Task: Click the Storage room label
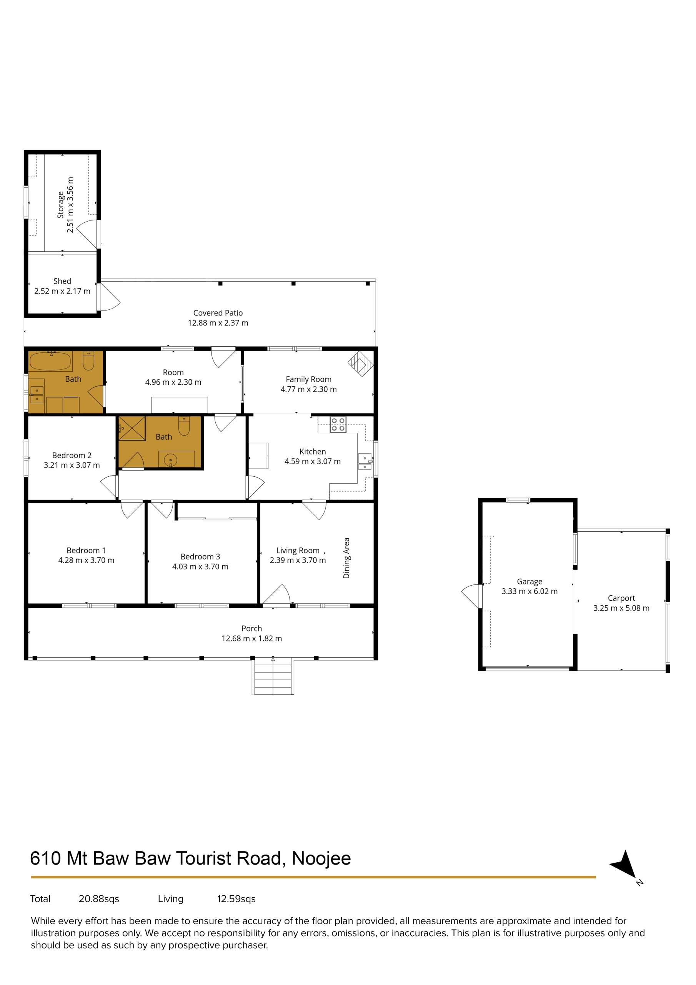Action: click(60, 205)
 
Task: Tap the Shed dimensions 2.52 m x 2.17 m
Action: click(62, 291)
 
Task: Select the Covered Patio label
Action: click(218, 313)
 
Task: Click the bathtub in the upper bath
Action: click(50, 361)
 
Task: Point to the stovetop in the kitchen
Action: click(338, 425)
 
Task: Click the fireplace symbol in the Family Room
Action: click(361, 364)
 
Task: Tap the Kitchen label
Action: click(313, 451)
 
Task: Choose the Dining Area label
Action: click(346, 558)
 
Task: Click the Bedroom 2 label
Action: click(72, 455)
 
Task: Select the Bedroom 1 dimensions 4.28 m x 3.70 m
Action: click(86, 560)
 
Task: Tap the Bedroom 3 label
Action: click(200, 556)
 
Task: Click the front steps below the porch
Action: click(273, 676)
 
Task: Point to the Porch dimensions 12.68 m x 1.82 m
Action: click(252, 638)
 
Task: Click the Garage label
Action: click(529, 581)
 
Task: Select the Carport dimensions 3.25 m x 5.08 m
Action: click(621, 608)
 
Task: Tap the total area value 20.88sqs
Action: click(99, 899)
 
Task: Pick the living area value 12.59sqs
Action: click(236, 899)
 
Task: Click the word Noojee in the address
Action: click(321, 858)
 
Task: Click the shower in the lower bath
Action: click(132, 428)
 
